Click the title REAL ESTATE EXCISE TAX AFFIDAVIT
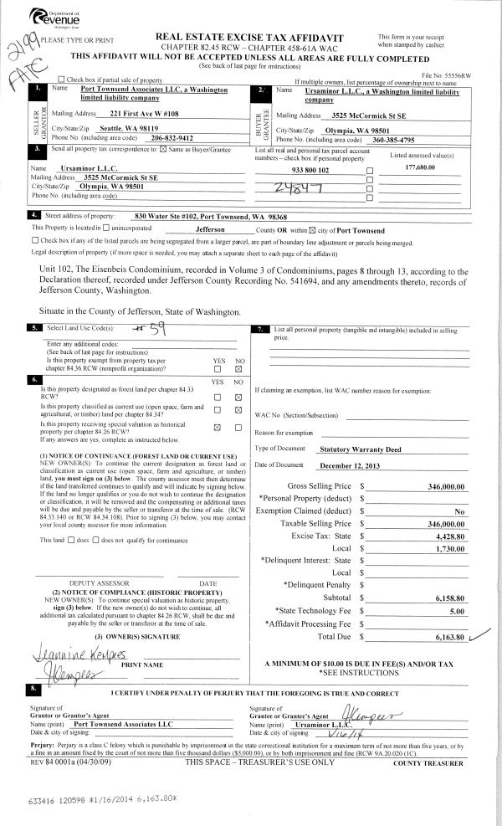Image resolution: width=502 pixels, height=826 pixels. click(x=251, y=38)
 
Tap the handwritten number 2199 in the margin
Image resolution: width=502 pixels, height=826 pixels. click(x=20, y=44)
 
